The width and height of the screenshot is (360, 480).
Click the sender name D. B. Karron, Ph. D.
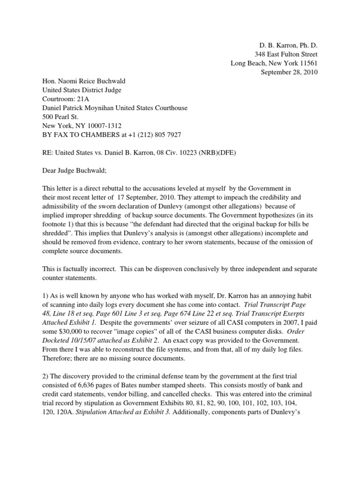[x=288, y=45]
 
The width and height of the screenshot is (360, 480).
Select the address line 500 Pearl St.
[x=61, y=117]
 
